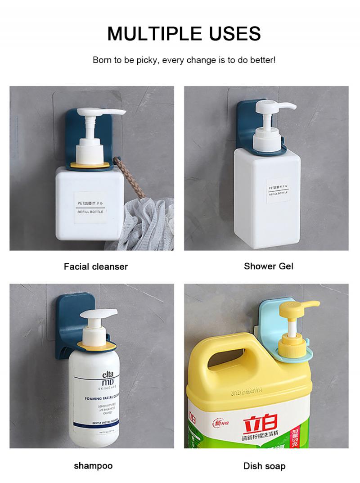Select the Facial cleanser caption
(x=96, y=266)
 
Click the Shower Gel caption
(x=269, y=266)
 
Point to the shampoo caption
(x=93, y=465)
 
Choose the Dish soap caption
(x=265, y=466)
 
